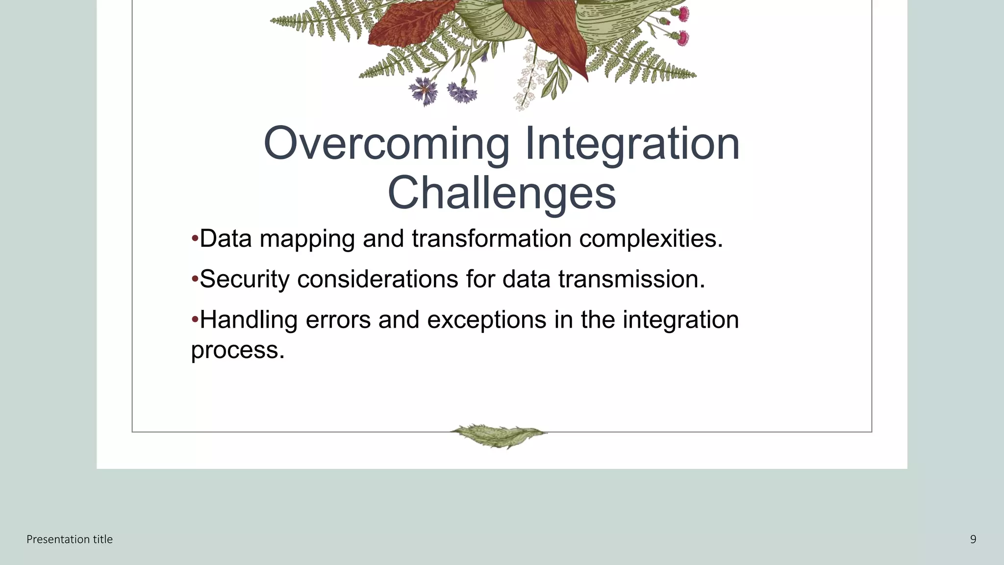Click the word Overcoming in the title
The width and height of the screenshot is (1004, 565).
click(386, 144)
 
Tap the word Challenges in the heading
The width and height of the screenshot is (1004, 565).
click(502, 193)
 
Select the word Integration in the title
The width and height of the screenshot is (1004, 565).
click(632, 144)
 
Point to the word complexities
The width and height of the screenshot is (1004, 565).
click(651, 239)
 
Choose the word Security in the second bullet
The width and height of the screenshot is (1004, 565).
click(245, 280)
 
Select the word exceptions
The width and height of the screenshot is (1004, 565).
click(487, 320)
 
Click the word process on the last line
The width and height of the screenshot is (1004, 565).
click(237, 350)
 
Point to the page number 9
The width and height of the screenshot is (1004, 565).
click(973, 539)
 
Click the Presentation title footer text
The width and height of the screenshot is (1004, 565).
click(70, 539)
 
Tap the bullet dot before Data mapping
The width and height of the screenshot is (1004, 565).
click(195, 239)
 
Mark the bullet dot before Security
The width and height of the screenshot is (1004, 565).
click(195, 280)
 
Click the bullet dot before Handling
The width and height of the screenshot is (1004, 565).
click(195, 320)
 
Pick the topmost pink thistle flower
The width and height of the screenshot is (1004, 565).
click(683, 14)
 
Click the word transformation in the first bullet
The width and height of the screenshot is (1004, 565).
click(491, 239)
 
